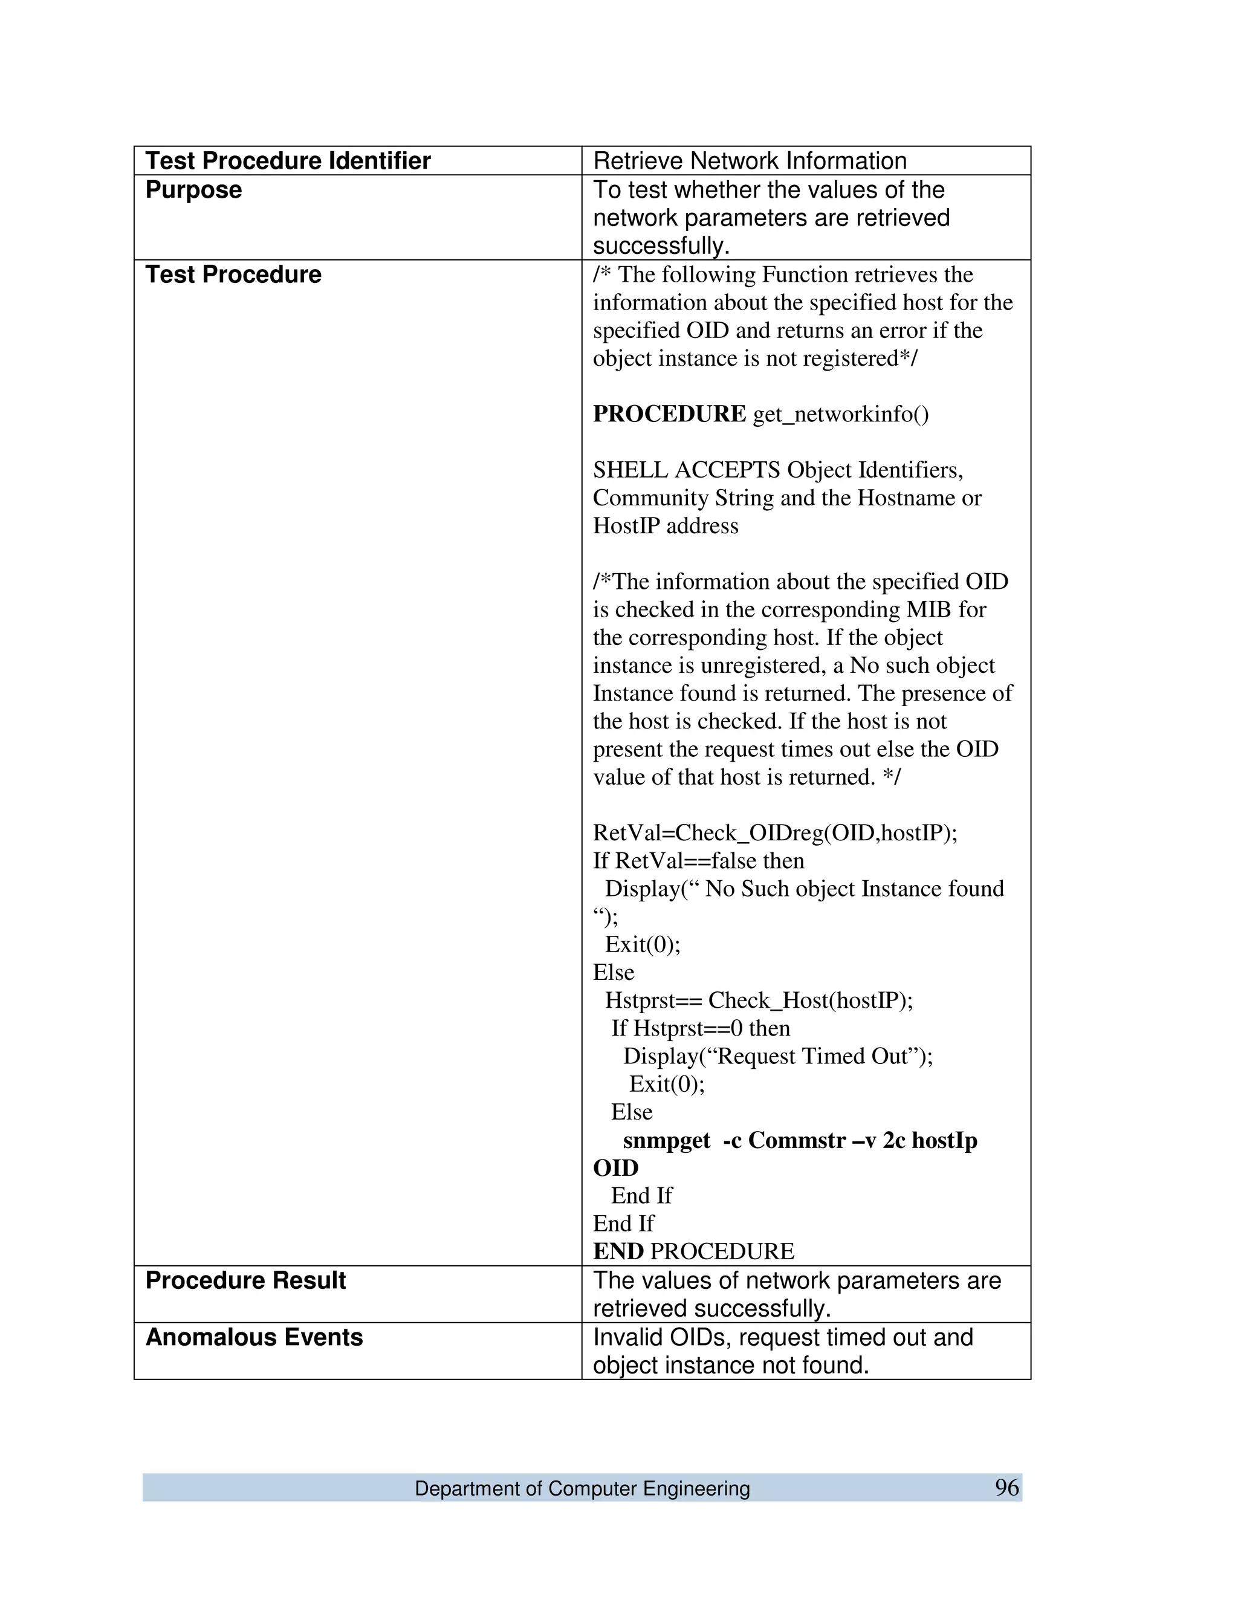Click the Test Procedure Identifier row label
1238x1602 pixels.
pyautogui.click(x=288, y=161)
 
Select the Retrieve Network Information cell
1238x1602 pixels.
pyautogui.click(x=750, y=161)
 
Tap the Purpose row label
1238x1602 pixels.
pyautogui.click(x=193, y=189)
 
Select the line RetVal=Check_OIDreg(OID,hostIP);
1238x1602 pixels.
pyautogui.click(x=774, y=832)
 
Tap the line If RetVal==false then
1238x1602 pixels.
pyautogui.click(x=698, y=860)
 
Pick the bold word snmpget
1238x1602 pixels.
pyautogui.click(x=666, y=1140)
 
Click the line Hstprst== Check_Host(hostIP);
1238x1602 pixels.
pyautogui.click(x=759, y=1000)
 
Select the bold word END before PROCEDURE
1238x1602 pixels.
pyautogui.click(x=618, y=1251)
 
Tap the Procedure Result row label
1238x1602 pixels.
pyautogui.click(x=245, y=1280)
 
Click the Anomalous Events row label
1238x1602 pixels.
pyautogui.click(x=254, y=1337)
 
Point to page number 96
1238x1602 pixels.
pyautogui.click(x=1006, y=1488)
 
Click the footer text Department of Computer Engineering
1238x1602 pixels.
pyautogui.click(x=582, y=1488)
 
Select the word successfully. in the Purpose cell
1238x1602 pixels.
pyautogui.click(x=661, y=245)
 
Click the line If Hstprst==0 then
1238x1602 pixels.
pyautogui.click(x=701, y=1028)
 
